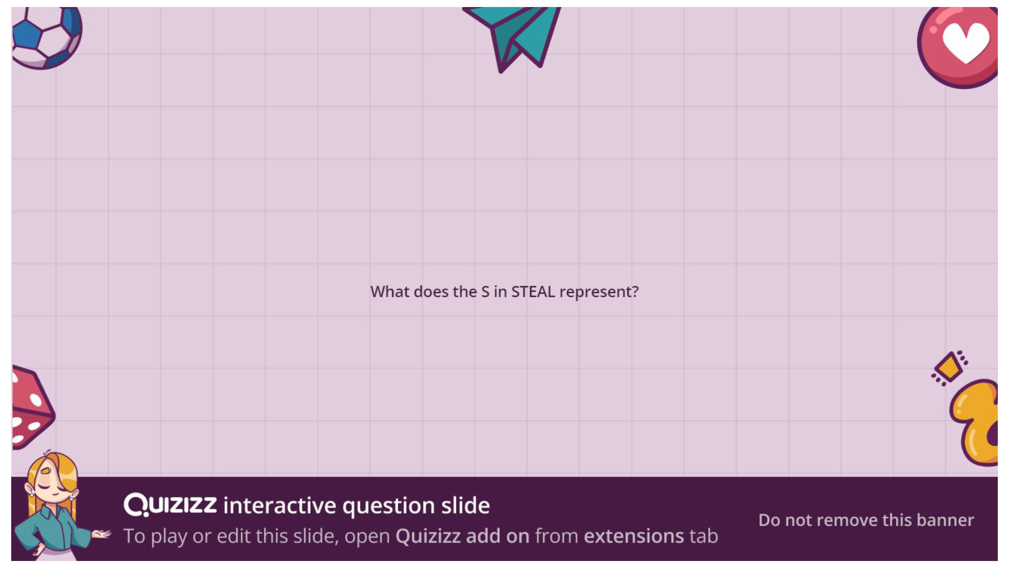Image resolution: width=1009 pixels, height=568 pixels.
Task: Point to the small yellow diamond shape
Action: coord(949,368)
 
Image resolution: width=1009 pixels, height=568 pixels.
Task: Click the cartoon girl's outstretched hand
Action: coord(102,534)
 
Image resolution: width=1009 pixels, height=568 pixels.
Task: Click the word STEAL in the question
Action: coord(533,292)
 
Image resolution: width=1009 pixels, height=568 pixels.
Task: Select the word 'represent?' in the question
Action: coord(599,292)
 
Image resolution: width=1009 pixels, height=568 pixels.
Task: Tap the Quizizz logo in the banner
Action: coord(170,504)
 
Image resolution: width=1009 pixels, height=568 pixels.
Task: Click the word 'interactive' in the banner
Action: coord(280,505)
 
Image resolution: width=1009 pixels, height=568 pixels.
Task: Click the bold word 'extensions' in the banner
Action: coord(634,536)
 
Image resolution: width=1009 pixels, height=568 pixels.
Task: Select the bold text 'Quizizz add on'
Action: coord(462,536)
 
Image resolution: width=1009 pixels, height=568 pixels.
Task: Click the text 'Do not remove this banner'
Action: coord(866,520)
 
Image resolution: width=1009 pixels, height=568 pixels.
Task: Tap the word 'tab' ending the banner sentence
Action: coord(704,536)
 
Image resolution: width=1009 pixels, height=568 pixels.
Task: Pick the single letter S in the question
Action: coord(485,292)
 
